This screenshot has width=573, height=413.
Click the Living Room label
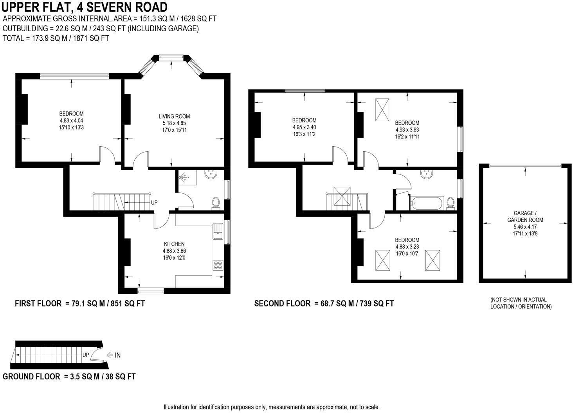click(174, 116)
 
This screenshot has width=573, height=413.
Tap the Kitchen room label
click(174, 244)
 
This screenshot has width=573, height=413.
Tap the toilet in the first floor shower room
click(216, 203)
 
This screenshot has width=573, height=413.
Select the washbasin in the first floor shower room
click(211, 175)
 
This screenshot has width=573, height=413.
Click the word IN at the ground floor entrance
click(117, 355)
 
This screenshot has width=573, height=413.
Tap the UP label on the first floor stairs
click(154, 203)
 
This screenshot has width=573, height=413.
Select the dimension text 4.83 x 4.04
click(71, 121)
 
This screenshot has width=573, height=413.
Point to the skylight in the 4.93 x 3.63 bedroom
click(382, 110)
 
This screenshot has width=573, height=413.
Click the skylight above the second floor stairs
click(342, 196)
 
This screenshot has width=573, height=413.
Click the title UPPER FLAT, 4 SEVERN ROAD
click(85, 7)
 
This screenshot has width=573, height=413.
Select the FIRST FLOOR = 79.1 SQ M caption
click(80, 303)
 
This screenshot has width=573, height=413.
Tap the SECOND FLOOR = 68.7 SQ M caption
click(324, 303)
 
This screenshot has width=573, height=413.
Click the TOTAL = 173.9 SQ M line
click(56, 38)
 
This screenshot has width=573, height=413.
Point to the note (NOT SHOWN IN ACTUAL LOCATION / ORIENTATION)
click(521, 303)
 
